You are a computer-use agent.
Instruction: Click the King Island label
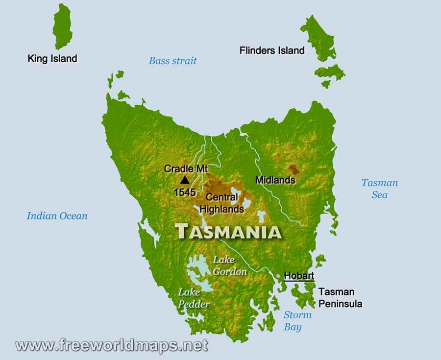coord(52,59)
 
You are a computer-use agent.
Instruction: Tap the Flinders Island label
coord(272,50)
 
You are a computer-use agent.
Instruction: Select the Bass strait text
coord(172,61)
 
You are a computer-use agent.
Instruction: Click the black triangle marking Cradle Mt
coord(185,180)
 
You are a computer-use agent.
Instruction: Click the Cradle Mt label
coord(186,169)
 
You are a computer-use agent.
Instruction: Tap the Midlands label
coord(275,180)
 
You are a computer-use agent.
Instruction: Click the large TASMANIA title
coord(228,231)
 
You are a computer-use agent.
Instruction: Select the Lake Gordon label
coord(223,265)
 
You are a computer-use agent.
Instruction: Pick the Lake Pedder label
coord(194,298)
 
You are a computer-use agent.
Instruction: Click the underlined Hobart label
coord(299,276)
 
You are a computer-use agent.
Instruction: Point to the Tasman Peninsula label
coord(341,298)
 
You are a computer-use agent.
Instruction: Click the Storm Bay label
coord(297,321)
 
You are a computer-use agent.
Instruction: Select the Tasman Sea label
coord(380,189)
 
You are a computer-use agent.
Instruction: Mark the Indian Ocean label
coord(57,216)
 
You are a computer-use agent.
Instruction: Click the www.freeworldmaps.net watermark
coord(112,345)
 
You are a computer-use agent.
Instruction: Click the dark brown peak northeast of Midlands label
coord(294,169)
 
